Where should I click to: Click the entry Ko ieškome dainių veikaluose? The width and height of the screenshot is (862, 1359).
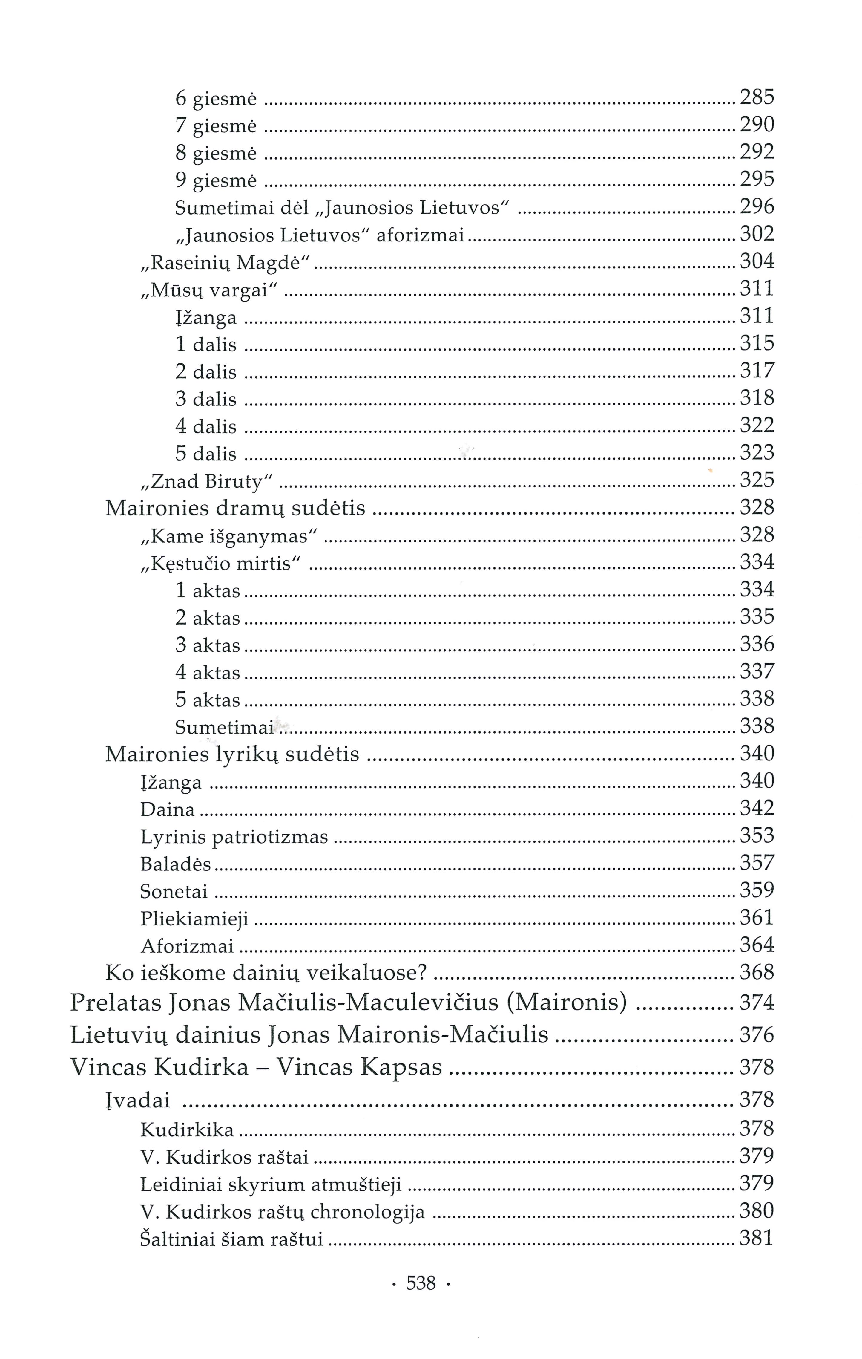pyautogui.click(x=266, y=972)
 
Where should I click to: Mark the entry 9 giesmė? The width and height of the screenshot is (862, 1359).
pyautogui.click(x=216, y=180)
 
